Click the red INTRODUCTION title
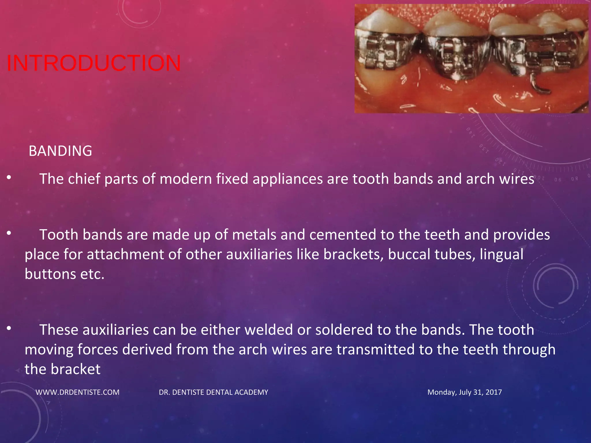(93, 63)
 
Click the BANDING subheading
(60, 151)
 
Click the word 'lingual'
(502, 254)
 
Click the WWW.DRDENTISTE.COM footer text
(77, 392)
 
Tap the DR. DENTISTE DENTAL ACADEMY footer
(214, 392)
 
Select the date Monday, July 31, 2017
(464, 392)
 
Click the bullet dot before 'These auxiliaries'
(9, 328)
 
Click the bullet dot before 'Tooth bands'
(9, 233)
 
